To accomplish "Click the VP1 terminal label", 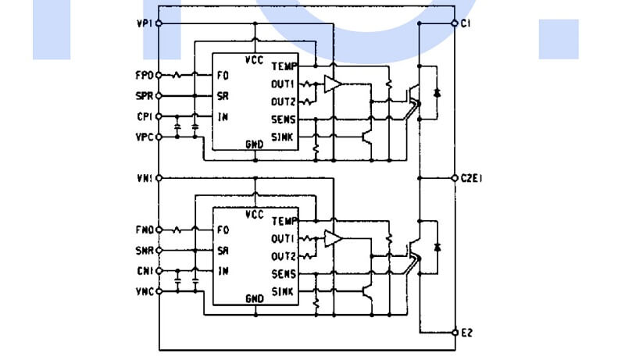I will pyautogui.click(x=144, y=23).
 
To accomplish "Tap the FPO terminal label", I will pyautogui.click(x=144, y=76).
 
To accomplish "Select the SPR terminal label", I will pyautogui.click(x=144, y=96).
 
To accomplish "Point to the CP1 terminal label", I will pyautogui.click(x=144, y=117).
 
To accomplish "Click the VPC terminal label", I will pyautogui.click(x=144, y=137).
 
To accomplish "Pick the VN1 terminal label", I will pyautogui.click(x=144, y=178).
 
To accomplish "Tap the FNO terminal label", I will pyautogui.click(x=144, y=230).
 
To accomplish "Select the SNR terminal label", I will pyautogui.click(x=144, y=251).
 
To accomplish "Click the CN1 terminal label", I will pyautogui.click(x=144, y=272).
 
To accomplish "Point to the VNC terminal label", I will pyautogui.click(x=144, y=292).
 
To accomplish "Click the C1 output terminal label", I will pyautogui.click(x=466, y=23).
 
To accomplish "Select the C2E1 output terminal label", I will pyautogui.click(x=472, y=178).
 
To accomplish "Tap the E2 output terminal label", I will pyautogui.click(x=466, y=333).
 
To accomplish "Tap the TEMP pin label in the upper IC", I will pyautogui.click(x=284, y=67).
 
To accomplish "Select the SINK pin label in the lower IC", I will pyautogui.click(x=283, y=292).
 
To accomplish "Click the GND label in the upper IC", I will pyautogui.click(x=255, y=144).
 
